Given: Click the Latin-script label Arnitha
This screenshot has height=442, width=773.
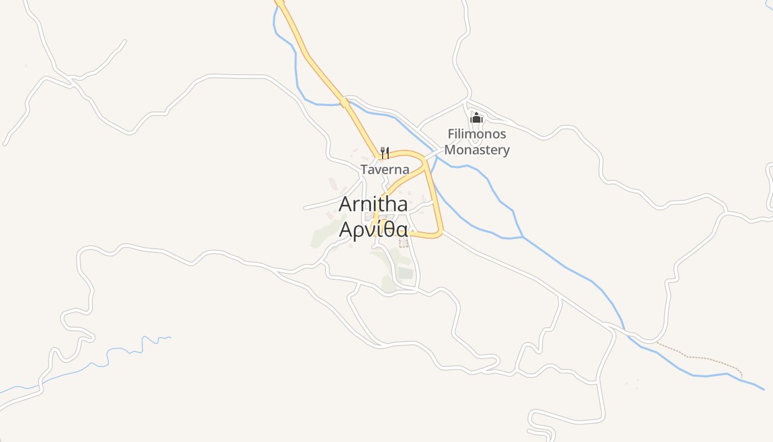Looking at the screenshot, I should [373, 204].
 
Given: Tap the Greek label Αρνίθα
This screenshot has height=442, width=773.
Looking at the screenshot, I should [373, 229].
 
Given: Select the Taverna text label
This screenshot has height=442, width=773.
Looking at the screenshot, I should [385, 170].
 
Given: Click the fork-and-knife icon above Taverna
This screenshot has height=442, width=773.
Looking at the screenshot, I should [385, 152].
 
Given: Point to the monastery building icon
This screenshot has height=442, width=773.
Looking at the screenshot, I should [476, 118].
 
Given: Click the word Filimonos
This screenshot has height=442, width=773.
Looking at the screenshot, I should [476, 134].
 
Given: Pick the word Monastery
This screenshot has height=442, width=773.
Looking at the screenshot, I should [476, 150].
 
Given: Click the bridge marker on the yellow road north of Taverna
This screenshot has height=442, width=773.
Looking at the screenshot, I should [345, 102].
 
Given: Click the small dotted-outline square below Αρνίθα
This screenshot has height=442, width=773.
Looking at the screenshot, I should [404, 243].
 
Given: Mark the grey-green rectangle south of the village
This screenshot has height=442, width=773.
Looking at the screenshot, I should [406, 272].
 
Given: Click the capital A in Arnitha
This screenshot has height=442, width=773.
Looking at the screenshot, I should [346, 204].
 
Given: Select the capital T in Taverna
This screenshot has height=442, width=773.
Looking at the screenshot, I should [365, 170].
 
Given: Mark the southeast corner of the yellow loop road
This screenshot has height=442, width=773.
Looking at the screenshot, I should [439, 234].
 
